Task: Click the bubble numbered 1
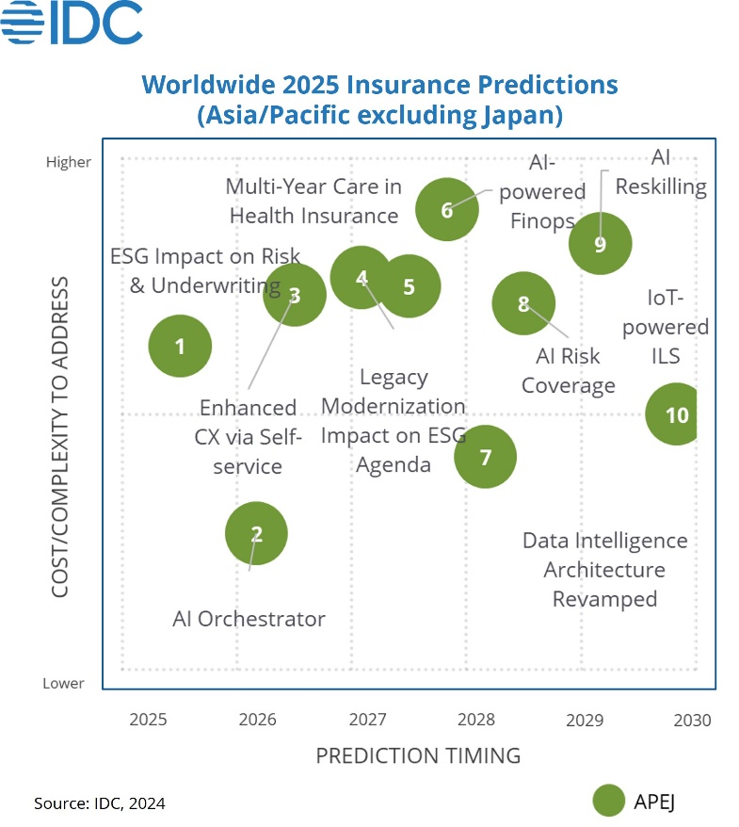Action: (x=180, y=346)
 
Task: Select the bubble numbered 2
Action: (x=256, y=534)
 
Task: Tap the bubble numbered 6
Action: (x=447, y=209)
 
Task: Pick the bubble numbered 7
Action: (x=486, y=457)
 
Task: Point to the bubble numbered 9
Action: (x=600, y=244)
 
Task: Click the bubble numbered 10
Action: (x=676, y=414)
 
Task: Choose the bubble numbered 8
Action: (x=523, y=303)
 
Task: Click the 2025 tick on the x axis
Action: (x=148, y=721)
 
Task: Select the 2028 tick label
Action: (x=476, y=721)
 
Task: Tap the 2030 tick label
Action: (x=693, y=721)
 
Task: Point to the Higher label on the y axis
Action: (x=69, y=162)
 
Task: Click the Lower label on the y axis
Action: (x=63, y=683)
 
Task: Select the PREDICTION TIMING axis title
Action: (x=418, y=755)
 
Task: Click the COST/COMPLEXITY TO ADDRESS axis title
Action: (x=60, y=437)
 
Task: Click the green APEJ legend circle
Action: (x=609, y=801)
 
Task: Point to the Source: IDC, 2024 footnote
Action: (x=100, y=803)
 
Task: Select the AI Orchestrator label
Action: (x=249, y=619)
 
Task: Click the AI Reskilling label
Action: (x=661, y=172)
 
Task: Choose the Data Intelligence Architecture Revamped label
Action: (x=604, y=570)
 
